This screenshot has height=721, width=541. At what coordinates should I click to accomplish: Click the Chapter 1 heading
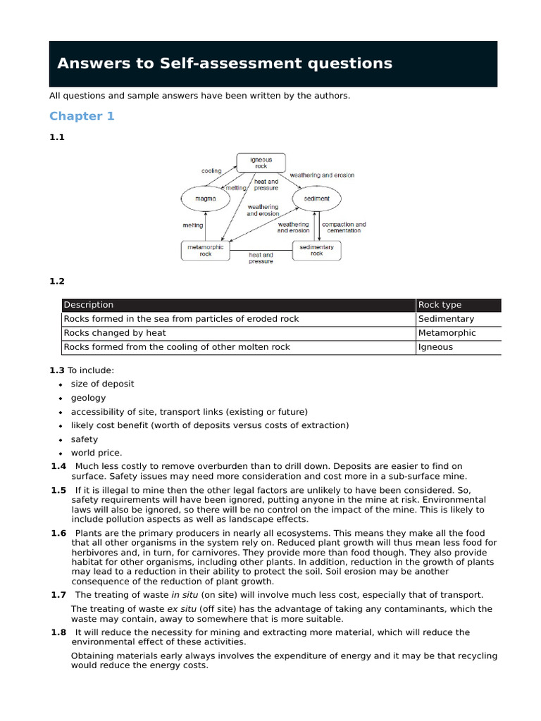click(x=82, y=116)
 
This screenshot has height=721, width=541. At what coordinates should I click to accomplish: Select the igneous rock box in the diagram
click(x=261, y=163)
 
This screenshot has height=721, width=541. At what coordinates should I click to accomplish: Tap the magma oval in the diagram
click(x=206, y=199)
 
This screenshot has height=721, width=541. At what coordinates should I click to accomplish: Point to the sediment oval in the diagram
click(x=316, y=199)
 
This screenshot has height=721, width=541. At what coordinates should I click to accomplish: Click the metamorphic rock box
click(x=205, y=251)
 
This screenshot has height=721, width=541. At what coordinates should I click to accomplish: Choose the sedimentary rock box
click(x=316, y=251)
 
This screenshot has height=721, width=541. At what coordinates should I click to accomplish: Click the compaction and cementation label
click(x=344, y=227)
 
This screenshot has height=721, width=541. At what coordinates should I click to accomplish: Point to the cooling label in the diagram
click(x=211, y=171)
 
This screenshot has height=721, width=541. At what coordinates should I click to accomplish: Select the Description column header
click(x=89, y=305)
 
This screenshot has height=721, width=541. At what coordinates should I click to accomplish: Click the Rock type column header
click(x=440, y=305)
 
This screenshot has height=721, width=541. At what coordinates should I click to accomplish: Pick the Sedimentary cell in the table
click(x=446, y=319)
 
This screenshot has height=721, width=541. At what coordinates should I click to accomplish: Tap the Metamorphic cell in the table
click(x=447, y=333)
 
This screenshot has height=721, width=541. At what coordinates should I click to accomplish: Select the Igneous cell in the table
click(x=435, y=347)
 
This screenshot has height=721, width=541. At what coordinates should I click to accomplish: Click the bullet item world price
click(x=97, y=453)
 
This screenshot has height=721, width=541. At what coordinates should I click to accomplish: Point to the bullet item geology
click(x=88, y=398)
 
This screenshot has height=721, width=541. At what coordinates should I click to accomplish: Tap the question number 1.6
click(x=58, y=533)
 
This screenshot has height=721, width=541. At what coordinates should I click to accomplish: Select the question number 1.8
click(x=58, y=632)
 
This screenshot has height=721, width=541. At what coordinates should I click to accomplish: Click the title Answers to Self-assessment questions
click(x=225, y=63)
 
